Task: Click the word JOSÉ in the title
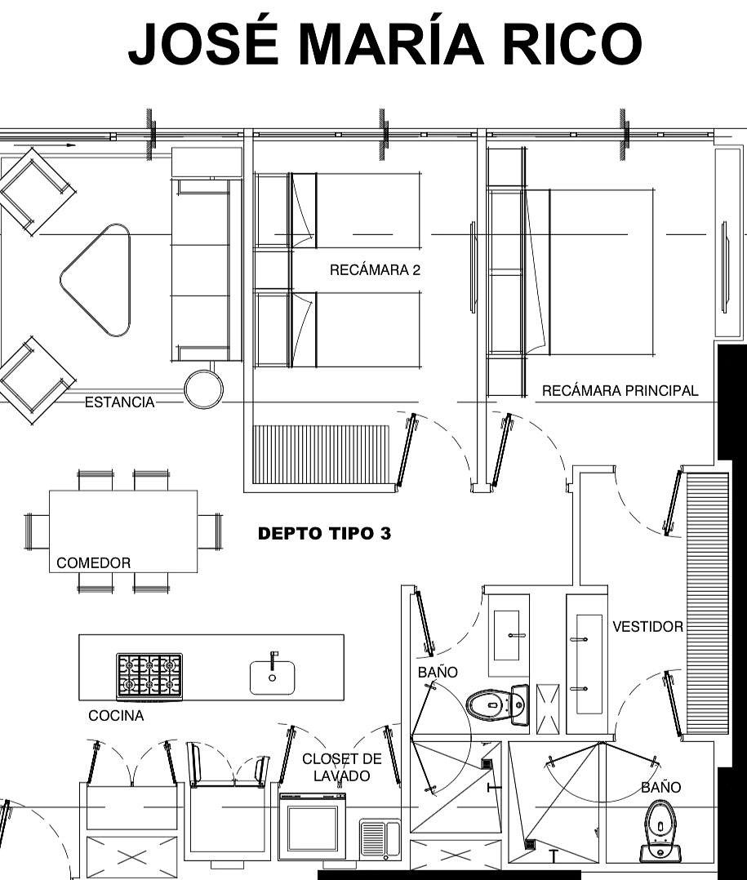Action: (203, 43)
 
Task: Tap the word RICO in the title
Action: (571, 44)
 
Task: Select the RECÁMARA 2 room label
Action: (375, 270)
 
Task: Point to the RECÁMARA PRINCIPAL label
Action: (620, 390)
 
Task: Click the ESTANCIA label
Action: (119, 402)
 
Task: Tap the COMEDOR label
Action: (94, 563)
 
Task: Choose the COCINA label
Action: (116, 716)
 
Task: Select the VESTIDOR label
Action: (647, 626)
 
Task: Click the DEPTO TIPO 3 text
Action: (324, 533)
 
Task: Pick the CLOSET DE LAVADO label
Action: (342, 767)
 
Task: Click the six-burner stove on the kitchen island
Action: (149, 676)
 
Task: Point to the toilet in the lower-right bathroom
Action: (661, 832)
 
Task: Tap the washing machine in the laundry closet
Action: (313, 827)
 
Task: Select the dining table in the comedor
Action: (123, 531)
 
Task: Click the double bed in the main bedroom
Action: (589, 272)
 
